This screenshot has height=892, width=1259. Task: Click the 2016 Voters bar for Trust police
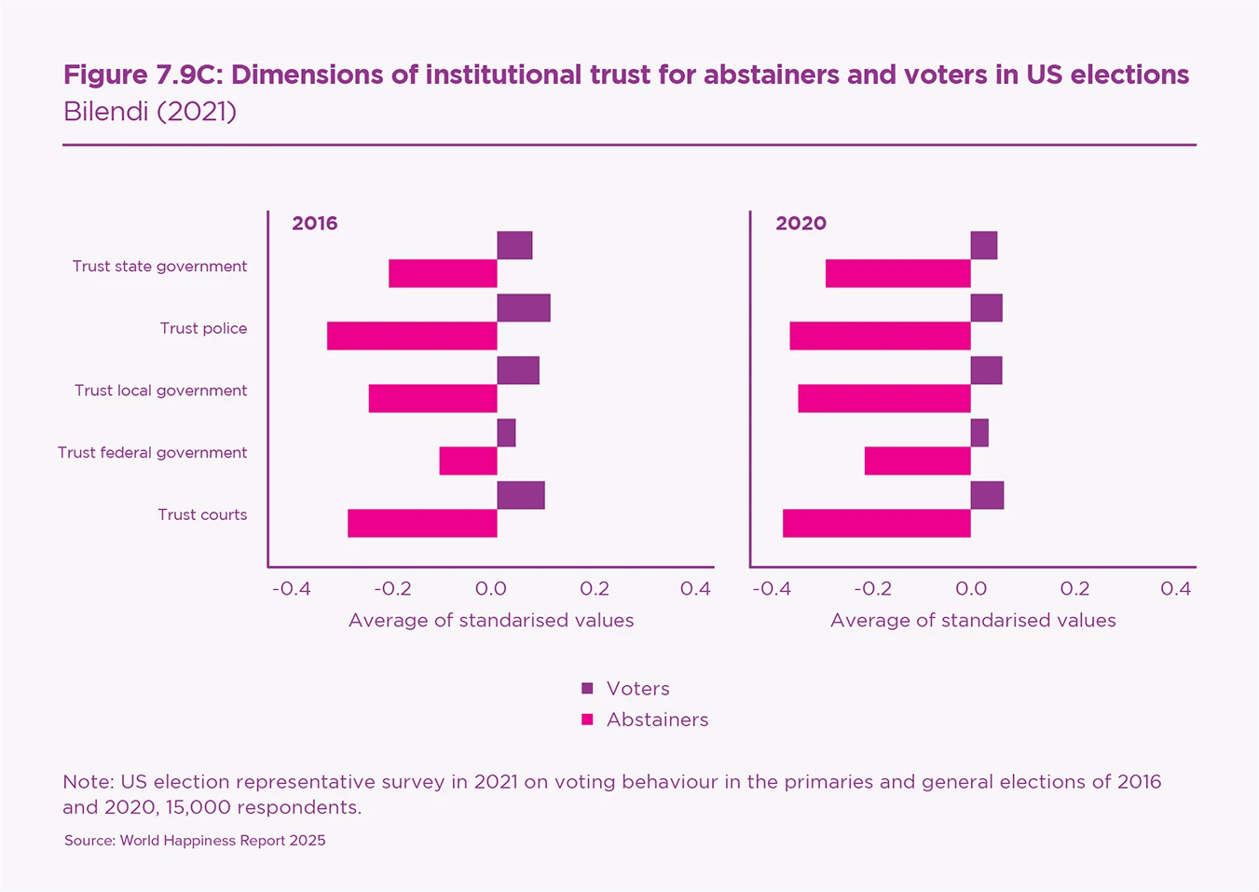524,308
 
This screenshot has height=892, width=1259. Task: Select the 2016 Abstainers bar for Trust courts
422,523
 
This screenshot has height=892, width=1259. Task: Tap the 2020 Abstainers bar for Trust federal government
917,460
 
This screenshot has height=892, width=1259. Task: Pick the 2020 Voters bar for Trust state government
984,246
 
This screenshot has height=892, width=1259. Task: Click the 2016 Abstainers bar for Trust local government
432,398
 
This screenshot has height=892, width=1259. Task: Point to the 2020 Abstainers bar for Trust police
880,336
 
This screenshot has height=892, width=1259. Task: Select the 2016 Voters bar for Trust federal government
506,433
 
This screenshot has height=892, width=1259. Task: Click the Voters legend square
587,689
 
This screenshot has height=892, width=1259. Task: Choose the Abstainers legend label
657,720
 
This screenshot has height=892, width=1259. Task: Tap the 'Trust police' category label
203,328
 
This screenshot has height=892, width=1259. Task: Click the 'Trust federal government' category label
153,452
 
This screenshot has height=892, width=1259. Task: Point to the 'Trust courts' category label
202,515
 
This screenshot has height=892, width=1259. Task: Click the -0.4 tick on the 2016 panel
291,589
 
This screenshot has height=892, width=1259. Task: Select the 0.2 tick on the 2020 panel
1074,589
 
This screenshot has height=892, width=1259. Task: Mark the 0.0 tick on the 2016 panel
491,589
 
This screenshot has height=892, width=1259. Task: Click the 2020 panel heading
801,224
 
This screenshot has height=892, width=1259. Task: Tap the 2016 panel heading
315,224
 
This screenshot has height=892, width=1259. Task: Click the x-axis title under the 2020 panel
973,621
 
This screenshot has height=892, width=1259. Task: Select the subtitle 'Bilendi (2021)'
150,112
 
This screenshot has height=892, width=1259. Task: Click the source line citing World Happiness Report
195,841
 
